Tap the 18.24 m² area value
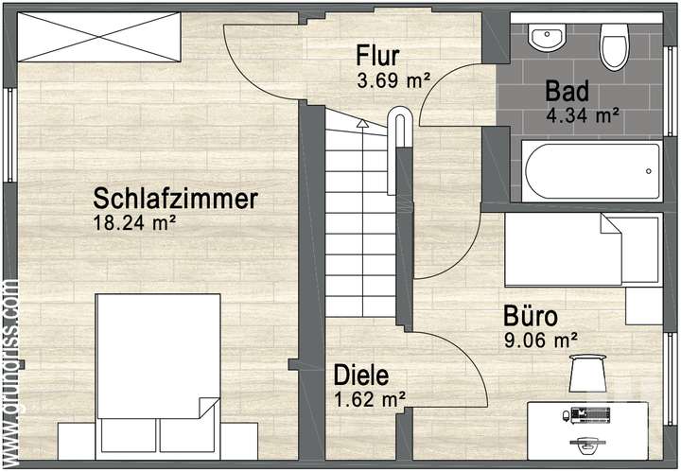(135, 223)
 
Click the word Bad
(567, 92)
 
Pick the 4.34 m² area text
(583, 116)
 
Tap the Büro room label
(530, 315)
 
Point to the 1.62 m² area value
(371, 399)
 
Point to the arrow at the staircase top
(361, 122)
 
